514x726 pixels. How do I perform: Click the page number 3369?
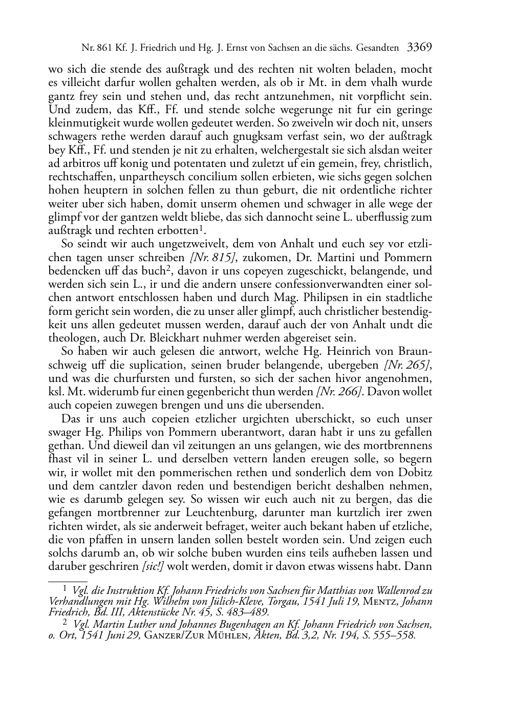[419, 48]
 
